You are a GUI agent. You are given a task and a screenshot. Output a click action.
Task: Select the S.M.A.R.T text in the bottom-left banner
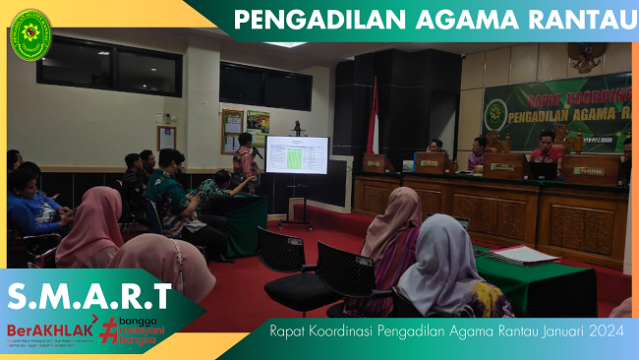point(89,295)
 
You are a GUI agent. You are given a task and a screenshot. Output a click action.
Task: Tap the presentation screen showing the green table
point(297,154)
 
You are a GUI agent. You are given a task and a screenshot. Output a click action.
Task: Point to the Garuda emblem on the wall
point(586,58)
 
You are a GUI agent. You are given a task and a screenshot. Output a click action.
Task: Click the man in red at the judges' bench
point(546,149)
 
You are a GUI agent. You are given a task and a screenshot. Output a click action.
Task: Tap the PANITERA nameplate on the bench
point(589,169)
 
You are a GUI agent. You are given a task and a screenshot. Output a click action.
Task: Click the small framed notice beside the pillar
point(166,137)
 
